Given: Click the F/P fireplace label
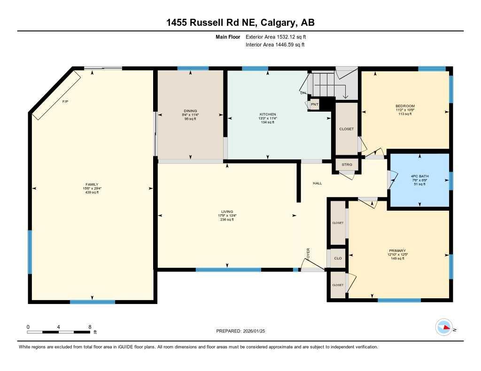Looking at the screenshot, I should pos(65,102).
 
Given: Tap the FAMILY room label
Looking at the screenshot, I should pos(92,184).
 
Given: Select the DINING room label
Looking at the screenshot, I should pos(190,111).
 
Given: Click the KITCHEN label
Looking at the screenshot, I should pos(268,114).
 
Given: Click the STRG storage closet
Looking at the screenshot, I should pos(347,165).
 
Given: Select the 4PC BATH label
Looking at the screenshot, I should pos(419,176).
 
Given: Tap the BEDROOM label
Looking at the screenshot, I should pos(405,106).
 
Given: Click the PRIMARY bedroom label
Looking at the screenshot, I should pos(397,250).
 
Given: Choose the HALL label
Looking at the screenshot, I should pos(318,183).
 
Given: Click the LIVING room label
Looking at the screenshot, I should pos(227,212).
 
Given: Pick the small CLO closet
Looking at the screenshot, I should pos(337,258).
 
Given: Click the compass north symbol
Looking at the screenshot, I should pos(444,327).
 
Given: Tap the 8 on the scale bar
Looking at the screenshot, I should pos(89,326).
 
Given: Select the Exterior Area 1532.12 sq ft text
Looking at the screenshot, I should pos(276,37).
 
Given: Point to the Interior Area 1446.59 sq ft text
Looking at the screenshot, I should pos(275,45).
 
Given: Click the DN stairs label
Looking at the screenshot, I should pos(303,93).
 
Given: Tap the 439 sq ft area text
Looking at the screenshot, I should pos(92,192).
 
